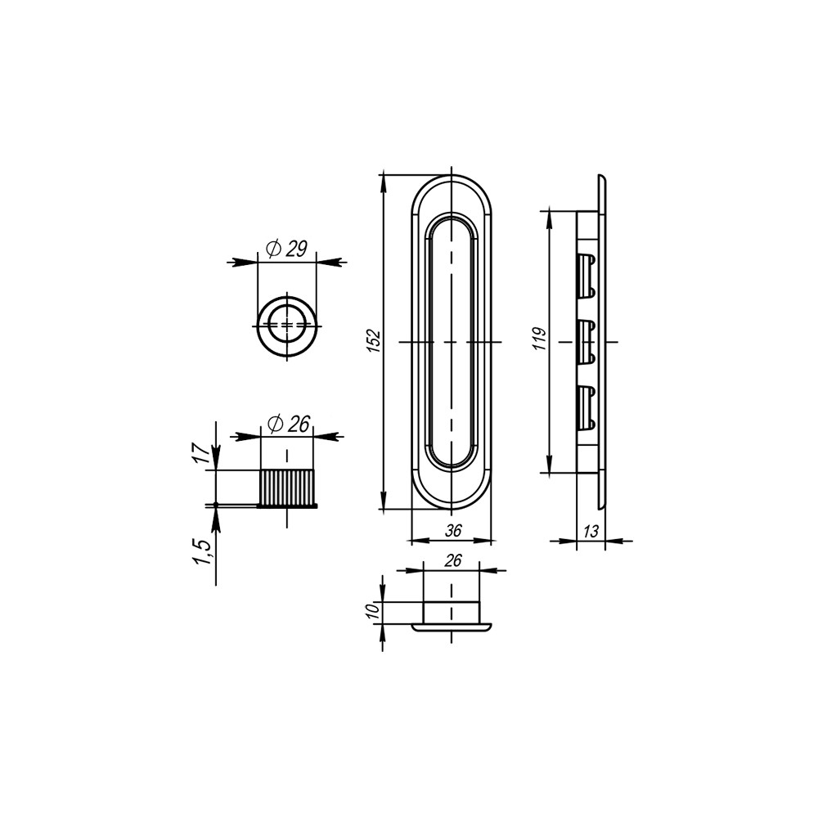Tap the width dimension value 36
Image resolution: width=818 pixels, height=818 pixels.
(452, 531)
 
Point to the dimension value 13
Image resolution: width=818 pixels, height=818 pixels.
(591, 531)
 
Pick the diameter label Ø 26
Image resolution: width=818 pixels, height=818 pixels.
(287, 424)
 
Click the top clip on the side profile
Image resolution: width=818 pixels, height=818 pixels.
(586, 276)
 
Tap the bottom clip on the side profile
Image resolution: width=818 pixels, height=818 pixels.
(586, 407)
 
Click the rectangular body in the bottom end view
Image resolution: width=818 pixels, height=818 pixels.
(451, 612)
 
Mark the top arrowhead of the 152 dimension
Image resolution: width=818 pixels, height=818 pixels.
(383, 182)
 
